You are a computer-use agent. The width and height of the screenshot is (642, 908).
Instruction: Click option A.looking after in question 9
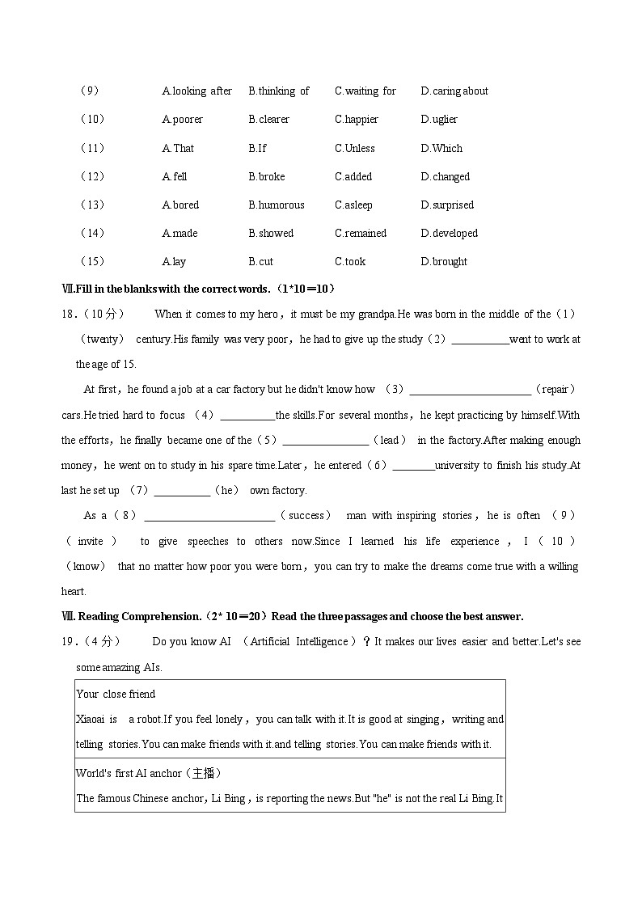point(196,91)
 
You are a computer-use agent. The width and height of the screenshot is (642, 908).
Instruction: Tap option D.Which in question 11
point(441,149)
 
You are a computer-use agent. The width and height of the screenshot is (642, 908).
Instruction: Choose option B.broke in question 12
point(266,177)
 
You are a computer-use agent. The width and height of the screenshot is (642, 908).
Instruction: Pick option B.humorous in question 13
point(276,205)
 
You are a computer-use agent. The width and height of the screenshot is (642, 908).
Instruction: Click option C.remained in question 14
point(361,234)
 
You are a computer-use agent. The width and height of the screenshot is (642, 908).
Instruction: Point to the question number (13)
point(92,205)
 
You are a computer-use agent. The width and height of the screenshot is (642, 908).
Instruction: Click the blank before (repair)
point(470,390)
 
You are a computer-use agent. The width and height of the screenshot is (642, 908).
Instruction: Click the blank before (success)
point(209,516)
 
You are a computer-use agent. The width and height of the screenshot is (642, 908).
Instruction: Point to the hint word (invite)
point(91,542)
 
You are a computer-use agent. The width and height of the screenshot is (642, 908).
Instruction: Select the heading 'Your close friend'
point(116,695)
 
